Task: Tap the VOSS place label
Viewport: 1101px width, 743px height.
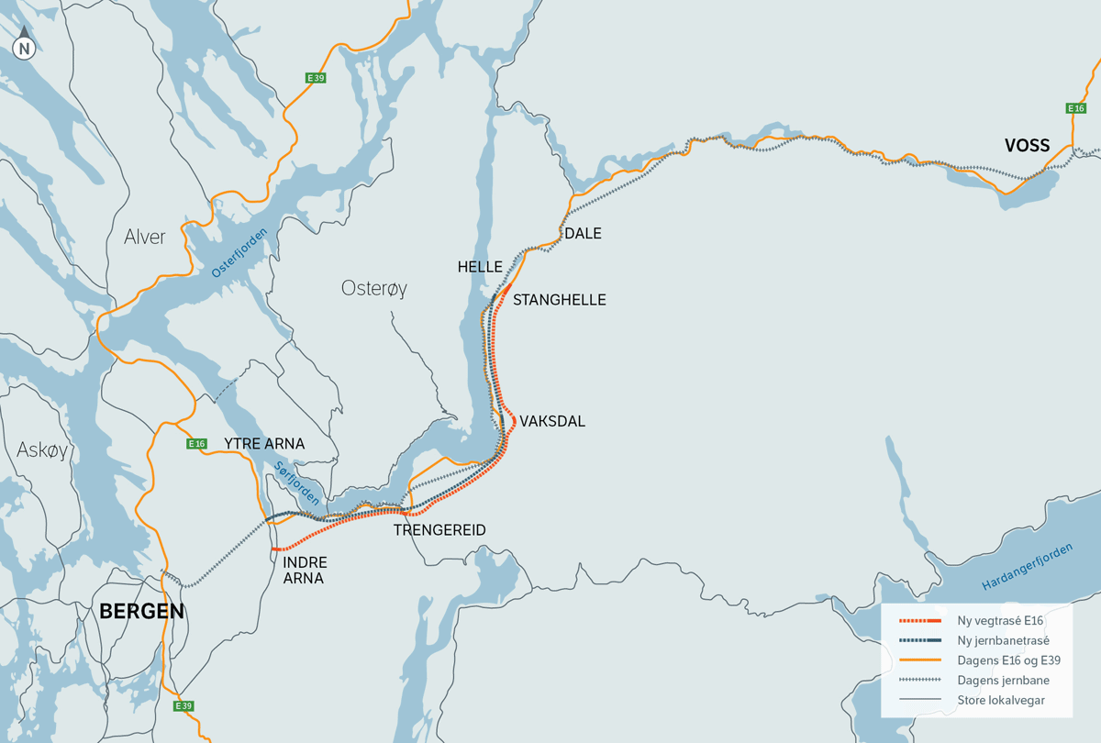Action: [1027, 146]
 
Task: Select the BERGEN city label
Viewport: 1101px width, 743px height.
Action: [141, 611]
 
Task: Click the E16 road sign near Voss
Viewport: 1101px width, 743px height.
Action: [1075, 108]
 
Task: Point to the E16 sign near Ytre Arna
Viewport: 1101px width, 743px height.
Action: [196, 444]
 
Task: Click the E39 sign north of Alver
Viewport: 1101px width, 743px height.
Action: [316, 78]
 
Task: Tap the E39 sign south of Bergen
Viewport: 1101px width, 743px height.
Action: [183, 706]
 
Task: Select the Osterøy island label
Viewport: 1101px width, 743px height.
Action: [373, 288]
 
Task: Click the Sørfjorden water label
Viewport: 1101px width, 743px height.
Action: [296, 482]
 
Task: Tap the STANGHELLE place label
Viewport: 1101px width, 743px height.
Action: [560, 300]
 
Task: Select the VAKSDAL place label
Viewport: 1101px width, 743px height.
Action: [552, 421]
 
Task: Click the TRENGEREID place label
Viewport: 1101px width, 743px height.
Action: [439, 530]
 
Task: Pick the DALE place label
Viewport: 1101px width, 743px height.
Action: [583, 233]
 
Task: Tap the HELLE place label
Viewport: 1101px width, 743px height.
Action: [480, 267]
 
